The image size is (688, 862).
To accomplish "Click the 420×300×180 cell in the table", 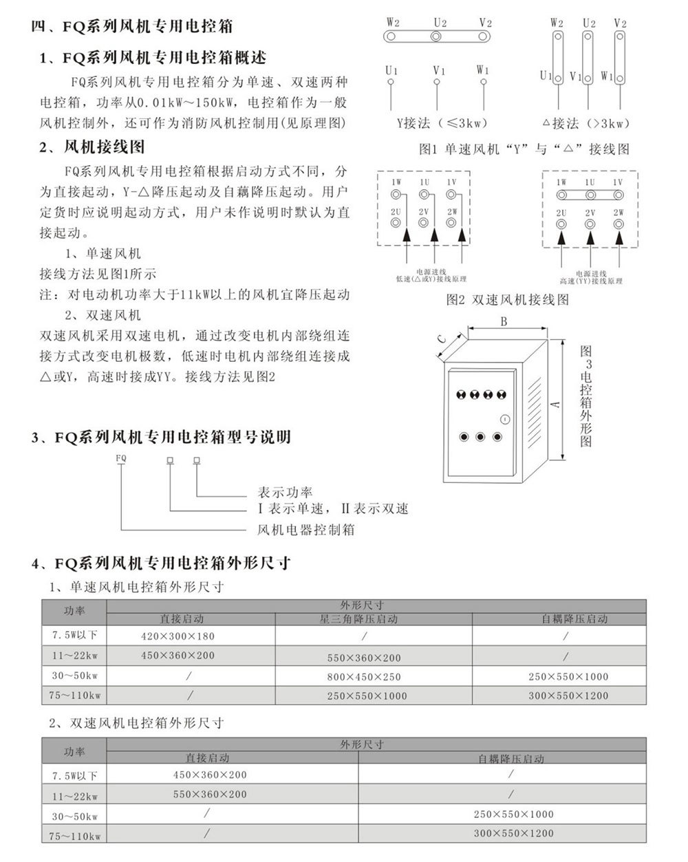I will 178,636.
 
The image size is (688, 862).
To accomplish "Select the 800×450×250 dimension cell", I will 364,677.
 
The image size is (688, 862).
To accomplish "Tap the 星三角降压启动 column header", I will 358,619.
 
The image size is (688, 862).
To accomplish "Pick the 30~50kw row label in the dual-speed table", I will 74,817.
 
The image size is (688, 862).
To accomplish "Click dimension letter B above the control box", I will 504,321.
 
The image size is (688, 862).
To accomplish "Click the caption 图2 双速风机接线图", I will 508,300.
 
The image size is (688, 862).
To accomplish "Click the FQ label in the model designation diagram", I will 120,457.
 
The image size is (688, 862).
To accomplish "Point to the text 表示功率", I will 285,492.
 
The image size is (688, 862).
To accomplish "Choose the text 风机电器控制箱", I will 305,530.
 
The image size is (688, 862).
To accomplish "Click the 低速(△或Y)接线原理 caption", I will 431,279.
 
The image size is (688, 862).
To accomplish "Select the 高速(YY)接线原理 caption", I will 591,281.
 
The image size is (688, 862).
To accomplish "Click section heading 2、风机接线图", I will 92,147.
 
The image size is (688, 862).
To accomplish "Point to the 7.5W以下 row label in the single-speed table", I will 74,634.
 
